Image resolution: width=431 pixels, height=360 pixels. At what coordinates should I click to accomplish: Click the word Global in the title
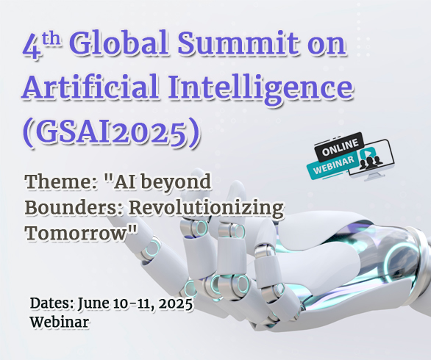[120, 43]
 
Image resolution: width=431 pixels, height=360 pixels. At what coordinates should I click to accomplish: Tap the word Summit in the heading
[238, 43]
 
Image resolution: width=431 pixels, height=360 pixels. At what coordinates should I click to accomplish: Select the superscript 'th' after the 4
[51, 38]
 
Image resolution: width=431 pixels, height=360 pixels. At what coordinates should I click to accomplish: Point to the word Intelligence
[260, 88]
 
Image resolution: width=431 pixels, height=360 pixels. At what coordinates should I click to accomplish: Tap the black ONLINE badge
[340, 147]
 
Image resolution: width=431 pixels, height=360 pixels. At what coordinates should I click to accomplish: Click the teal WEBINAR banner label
[333, 165]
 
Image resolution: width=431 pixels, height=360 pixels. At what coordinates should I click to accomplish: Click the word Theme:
[61, 181]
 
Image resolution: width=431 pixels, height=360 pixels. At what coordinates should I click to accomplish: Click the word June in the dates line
[93, 304]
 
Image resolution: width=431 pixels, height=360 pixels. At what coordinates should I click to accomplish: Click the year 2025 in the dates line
[175, 303]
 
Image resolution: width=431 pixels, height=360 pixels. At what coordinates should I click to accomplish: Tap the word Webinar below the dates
[59, 322]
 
